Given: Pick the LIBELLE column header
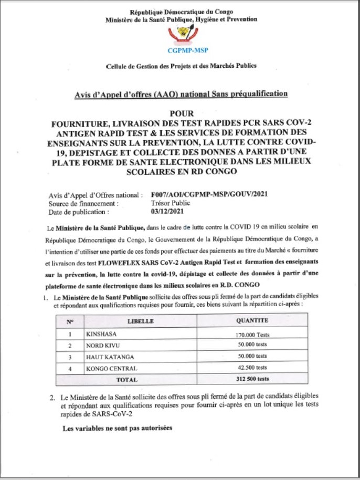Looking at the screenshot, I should (140, 320).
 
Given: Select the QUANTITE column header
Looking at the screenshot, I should (252, 320).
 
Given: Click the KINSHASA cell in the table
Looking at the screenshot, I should (101, 333).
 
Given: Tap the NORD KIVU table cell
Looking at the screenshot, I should (103, 345).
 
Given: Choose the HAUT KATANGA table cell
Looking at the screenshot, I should (106, 357).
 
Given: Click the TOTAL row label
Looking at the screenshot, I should (126, 379).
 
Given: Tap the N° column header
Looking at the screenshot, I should (70, 320).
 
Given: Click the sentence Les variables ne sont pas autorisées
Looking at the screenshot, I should (117, 429).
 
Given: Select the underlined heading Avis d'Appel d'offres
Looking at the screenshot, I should (181, 94).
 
